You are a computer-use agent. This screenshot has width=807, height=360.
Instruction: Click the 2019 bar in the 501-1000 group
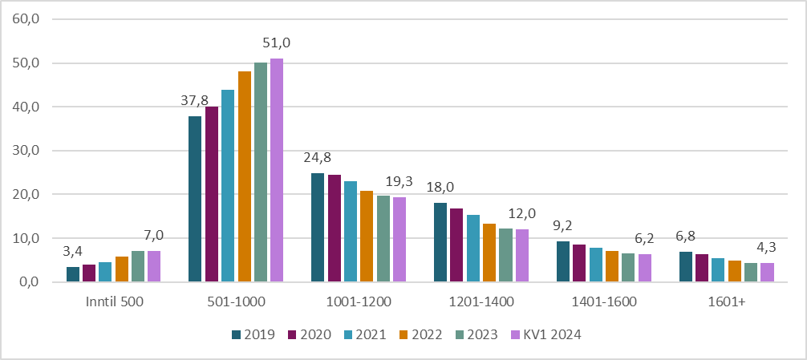(x=195, y=199)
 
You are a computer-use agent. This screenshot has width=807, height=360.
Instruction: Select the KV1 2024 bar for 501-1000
(x=277, y=170)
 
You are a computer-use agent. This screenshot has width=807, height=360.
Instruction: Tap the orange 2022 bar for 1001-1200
(x=367, y=237)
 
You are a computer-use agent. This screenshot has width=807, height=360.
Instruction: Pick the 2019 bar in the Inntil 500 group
(x=73, y=274)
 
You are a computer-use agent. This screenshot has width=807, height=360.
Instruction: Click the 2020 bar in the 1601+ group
(x=702, y=268)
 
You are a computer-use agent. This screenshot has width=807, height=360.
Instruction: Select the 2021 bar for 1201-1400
(x=473, y=249)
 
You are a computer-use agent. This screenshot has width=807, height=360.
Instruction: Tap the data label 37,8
(x=193, y=101)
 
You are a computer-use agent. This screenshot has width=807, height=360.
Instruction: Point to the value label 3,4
(x=73, y=253)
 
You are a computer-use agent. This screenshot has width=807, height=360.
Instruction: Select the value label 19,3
(x=399, y=182)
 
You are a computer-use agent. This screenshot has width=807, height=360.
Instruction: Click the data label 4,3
(x=767, y=249)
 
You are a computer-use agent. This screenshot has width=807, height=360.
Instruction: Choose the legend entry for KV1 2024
(x=548, y=334)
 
